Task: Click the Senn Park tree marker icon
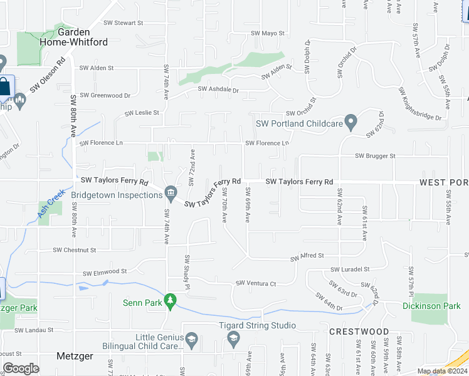tap(169, 301)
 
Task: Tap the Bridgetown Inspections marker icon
tap(170, 191)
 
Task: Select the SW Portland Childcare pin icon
tap(351, 120)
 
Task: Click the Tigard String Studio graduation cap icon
tap(233, 339)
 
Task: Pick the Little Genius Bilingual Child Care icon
tap(191, 340)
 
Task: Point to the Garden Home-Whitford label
tap(83, 37)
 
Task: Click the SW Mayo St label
tap(268, 33)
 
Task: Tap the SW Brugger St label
tap(375, 155)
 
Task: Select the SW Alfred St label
tap(306, 256)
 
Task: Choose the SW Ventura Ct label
tap(256, 283)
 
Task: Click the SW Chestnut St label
tap(74, 249)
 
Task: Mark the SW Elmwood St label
tap(105, 272)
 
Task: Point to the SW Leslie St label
tap(142, 113)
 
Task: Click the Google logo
tap(21, 368)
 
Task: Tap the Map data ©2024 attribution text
tap(441, 371)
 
